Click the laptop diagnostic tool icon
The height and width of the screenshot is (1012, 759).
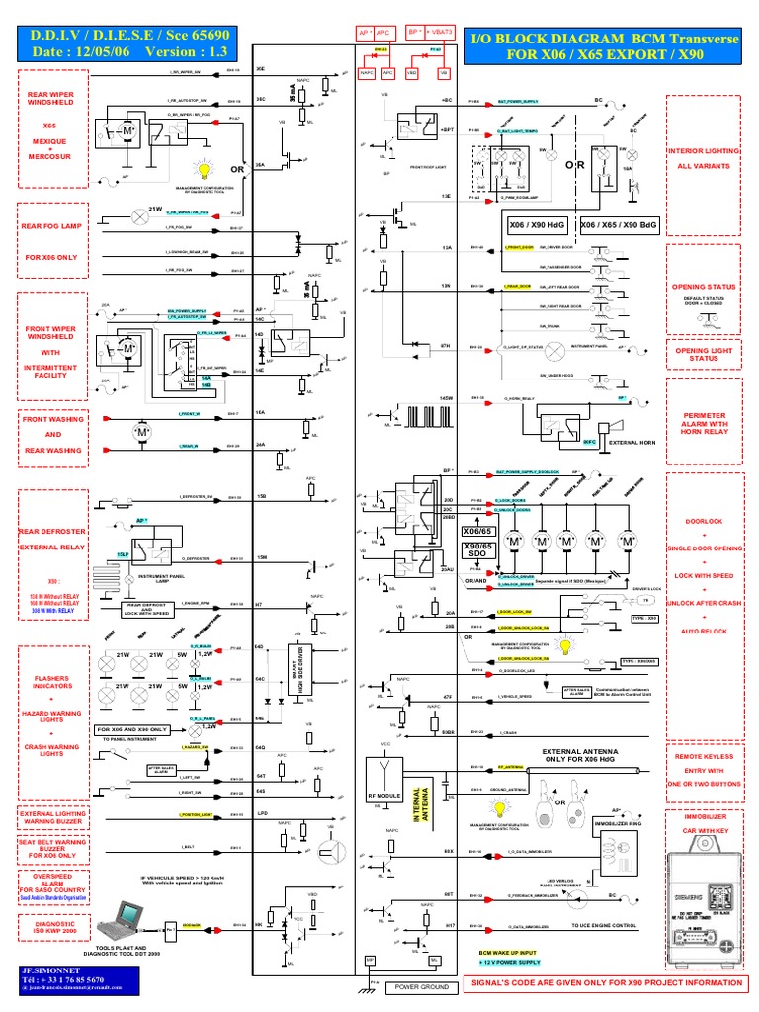pos(124,924)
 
